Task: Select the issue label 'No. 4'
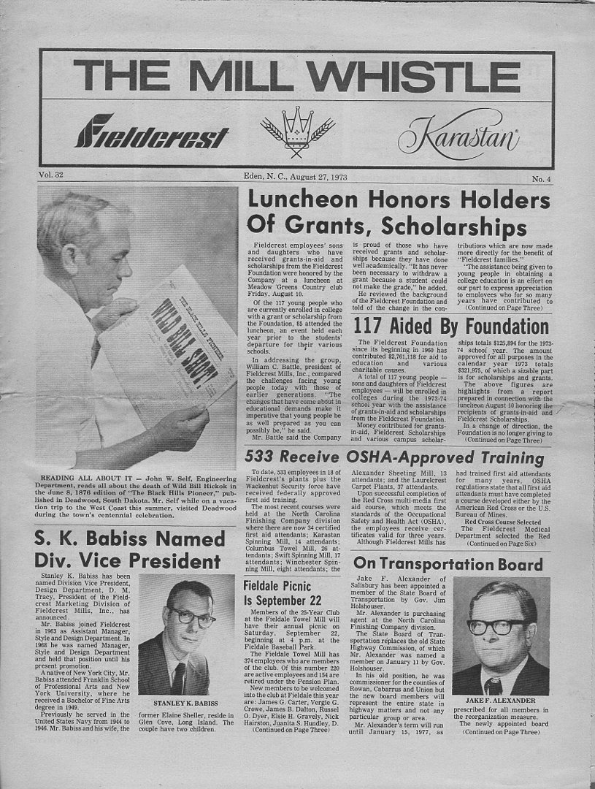click(x=541, y=179)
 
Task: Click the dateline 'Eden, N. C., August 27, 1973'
click(x=297, y=176)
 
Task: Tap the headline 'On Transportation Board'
click(x=448, y=565)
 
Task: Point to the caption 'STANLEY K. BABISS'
click(x=176, y=703)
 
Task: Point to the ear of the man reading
click(x=73, y=256)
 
